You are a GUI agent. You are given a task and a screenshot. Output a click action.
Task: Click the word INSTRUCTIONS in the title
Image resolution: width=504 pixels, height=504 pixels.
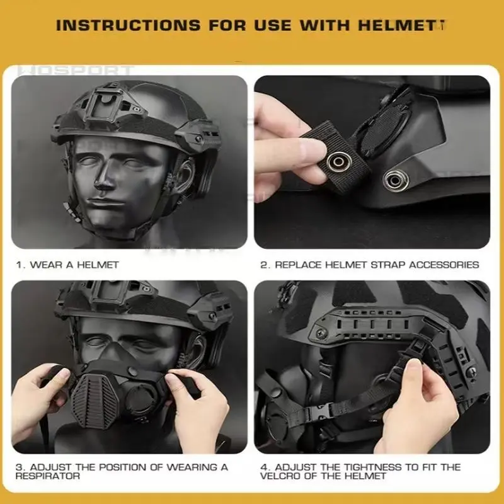click(128, 25)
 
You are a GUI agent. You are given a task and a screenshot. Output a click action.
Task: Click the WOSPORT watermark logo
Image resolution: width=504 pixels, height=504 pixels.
click(75, 71)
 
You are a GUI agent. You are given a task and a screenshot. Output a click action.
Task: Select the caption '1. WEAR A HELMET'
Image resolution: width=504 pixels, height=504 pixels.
click(67, 265)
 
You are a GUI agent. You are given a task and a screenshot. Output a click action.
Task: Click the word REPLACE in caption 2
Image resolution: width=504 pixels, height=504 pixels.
click(298, 265)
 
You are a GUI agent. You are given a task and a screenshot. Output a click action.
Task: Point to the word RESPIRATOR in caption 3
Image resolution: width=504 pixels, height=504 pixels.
click(48, 476)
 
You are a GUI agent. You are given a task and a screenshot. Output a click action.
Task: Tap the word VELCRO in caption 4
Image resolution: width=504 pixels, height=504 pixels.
click(281, 476)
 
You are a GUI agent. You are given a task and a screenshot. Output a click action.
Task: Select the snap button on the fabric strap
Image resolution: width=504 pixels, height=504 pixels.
click(338, 161)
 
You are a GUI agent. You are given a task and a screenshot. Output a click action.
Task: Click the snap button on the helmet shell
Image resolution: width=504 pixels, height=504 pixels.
click(396, 180)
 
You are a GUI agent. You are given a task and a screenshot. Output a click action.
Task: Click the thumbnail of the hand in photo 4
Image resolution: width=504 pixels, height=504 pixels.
click(413, 364)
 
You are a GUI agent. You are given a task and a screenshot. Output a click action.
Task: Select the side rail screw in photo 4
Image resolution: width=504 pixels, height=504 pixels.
click(321, 333)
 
